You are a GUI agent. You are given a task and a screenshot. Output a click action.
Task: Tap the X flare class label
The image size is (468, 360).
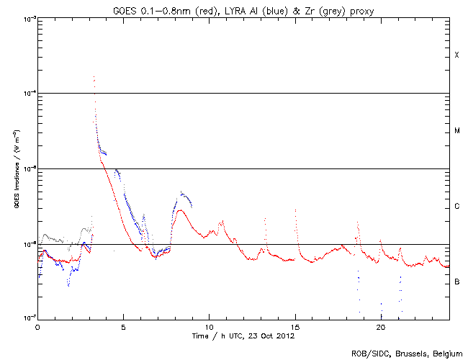(456, 55)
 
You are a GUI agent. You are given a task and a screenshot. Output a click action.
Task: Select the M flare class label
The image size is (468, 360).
(456, 131)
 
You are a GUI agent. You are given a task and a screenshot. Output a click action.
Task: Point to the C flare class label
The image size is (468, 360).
(456, 207)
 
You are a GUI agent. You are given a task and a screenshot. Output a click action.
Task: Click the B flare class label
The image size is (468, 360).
(456, 282)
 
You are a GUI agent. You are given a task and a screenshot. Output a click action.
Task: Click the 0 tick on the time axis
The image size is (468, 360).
(37, 327)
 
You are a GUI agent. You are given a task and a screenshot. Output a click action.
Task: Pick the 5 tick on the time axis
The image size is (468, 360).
(123, 327)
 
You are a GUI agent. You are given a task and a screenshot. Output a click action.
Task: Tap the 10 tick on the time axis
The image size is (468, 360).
(209, 327)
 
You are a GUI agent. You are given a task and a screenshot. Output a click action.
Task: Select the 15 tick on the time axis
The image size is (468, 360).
(295, 327)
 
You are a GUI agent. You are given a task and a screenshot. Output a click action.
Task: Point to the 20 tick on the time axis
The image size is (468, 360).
(381, 327)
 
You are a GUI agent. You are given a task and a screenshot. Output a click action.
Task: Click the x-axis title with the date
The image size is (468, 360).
(243, 336)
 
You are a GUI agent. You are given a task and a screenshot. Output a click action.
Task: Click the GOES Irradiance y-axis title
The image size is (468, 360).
(15, 169)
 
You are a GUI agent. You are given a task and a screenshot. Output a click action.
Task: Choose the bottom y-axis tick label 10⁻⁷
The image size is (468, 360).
(27, 318)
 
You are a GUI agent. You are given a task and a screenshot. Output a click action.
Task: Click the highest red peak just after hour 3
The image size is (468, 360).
(94, 76)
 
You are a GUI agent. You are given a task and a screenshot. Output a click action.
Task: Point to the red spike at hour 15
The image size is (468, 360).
(295, 210)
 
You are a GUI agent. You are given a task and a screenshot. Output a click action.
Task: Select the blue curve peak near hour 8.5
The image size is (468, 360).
(182, 192)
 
